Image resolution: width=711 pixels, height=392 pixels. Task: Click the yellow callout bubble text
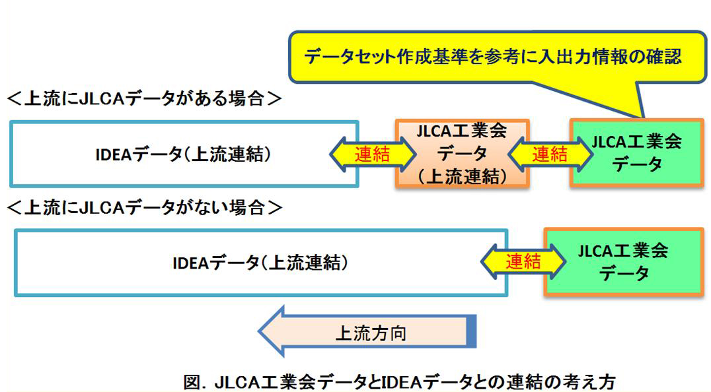pos(492,57)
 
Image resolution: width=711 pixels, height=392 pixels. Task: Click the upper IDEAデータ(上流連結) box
pos(184,154)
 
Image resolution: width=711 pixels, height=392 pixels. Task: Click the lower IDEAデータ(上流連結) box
pos(260,262)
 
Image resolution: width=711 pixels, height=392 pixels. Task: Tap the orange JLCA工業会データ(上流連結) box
pos(462,154)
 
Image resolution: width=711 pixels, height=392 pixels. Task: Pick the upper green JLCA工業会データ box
pos(636,153)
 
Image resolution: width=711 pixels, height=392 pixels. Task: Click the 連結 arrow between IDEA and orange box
pos(373,154)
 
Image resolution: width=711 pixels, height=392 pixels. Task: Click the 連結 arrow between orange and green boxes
pos(549,154)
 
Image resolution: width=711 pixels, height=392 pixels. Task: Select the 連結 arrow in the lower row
pos(523,261)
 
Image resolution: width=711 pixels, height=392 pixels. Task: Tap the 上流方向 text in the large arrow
pos(371,333)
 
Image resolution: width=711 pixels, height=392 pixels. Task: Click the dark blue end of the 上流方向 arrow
pos(471,332)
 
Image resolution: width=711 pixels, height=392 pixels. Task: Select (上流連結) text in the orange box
pos(462,176)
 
